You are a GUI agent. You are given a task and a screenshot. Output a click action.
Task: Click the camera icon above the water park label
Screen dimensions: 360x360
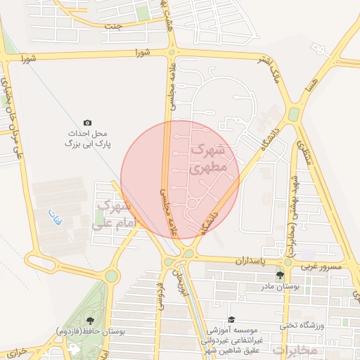(87, 123)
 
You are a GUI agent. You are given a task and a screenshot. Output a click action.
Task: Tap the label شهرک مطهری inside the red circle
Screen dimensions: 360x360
(209, 160)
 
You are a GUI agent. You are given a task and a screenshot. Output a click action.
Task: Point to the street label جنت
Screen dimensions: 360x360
(113, 27)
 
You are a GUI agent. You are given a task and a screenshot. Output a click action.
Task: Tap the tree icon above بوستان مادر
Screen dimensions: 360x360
(280, 276)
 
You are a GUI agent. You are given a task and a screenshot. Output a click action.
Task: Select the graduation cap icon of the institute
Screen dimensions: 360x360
(231, 319)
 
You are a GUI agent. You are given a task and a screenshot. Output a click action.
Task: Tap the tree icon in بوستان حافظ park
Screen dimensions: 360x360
(88, 320)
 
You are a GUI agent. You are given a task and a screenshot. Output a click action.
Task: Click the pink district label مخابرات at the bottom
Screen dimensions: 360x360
(295, 349)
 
